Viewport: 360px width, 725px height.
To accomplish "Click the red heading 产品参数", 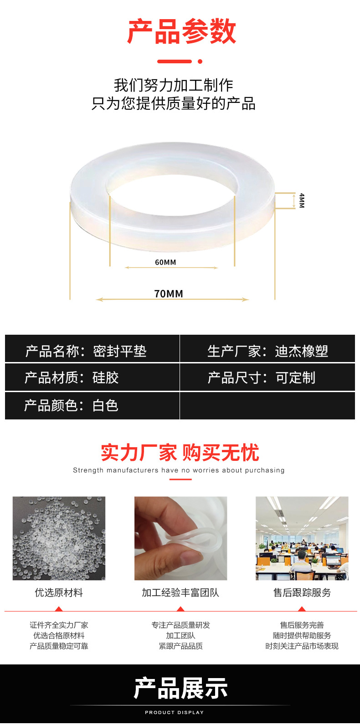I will tap(181, 32).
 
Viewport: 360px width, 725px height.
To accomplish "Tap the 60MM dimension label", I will tap(165, 262).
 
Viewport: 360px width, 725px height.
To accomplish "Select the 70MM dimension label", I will tap(169, 294).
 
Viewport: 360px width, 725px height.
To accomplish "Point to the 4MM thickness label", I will tap(301, 200).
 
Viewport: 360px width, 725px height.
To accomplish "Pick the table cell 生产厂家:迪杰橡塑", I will tap(267, 351).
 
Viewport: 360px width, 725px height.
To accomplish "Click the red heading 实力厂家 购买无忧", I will tap(180, 453).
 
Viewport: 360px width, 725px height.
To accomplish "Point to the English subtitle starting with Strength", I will tap(179, 470).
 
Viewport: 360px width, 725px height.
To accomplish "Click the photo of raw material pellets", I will tap(59, 538).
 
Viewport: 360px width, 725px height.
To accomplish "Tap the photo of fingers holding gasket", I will tap(180, 538).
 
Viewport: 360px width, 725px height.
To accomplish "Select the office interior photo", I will tap(302, 538).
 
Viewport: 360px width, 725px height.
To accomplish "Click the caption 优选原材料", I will tap(59, 592).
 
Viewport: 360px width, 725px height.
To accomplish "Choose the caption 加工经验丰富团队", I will tap(180, 592).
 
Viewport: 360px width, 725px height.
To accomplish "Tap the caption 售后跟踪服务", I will tap(302, 592).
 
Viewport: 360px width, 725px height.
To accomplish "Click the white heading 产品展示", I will tap(180, 688).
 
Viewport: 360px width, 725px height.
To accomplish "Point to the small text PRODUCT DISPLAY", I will tap(174, 712).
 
